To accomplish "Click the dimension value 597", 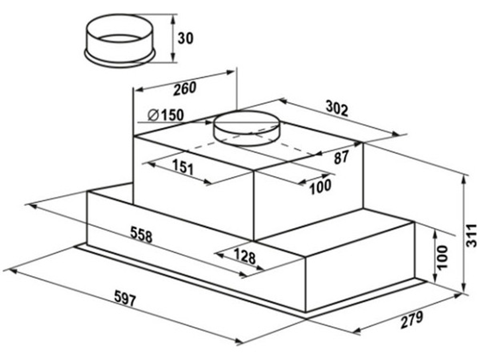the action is click(x=125, y=299).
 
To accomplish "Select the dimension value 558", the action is click(x=142, y=234).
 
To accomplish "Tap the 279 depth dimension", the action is click(x=412, y=320).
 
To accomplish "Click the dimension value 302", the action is click(x=337, y=108).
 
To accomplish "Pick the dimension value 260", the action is click(x=185, y=89).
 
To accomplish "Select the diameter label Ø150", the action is click(x=166, y=115).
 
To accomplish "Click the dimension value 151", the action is click(x=183, y=167).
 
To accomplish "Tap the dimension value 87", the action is click(x=341, y=157).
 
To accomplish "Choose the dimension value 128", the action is click(x=245, y=256).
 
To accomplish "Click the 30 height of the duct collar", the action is click(x=186, y=38).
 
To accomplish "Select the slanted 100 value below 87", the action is click(x=320, y=186).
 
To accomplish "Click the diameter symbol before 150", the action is click(x=153, y=115).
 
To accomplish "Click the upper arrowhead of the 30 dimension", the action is click(x=173, y=18).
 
